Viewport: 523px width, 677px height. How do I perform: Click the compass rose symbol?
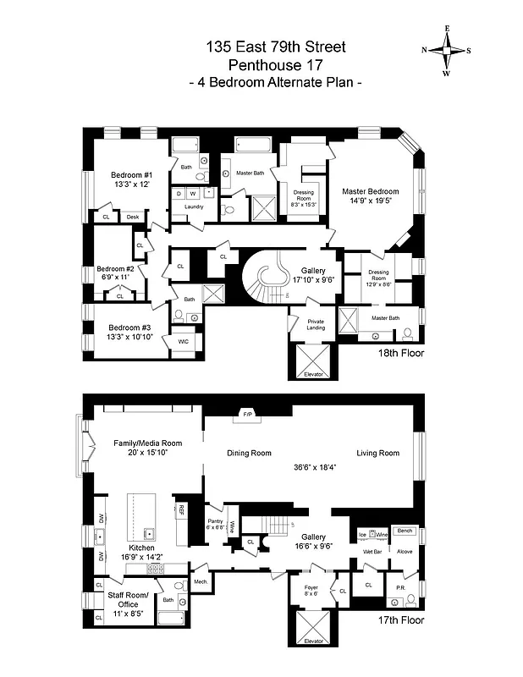pos(447,50)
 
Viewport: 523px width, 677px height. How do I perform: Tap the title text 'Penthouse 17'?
pos(276,64)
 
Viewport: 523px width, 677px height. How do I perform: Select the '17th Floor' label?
pos(401,620)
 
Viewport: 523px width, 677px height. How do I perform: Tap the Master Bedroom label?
pos(370,196)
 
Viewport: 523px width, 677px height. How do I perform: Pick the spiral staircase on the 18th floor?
pos(266,283)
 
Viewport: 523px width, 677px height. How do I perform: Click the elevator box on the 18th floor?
pos(313,362)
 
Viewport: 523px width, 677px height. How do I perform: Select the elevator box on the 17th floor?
pos(313,626)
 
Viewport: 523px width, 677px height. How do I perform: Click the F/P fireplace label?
pos(248,415)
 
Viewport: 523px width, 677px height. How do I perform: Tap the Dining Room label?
pos(249,454)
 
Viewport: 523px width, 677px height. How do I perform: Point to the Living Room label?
pos(377,454)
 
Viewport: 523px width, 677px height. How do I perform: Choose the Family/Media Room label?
pos(148,448)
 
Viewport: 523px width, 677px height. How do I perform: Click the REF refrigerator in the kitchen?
pos(181,510)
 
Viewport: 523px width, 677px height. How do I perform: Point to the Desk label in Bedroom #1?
pos(132,217)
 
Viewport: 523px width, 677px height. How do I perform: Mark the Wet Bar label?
pos(372,551)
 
